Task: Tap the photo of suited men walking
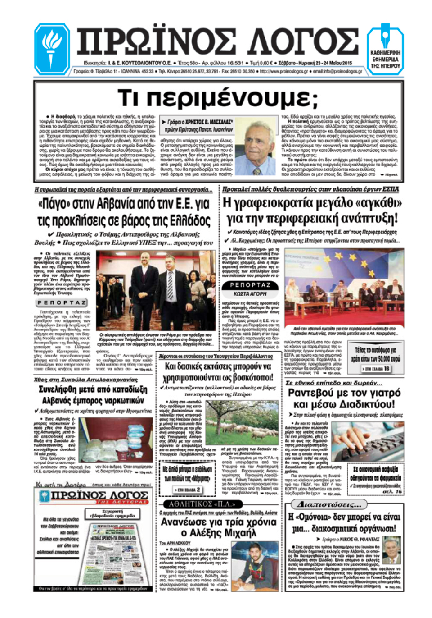click(x=156, y=291)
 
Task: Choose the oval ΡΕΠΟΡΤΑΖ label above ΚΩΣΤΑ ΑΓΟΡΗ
click(x=250, y=285)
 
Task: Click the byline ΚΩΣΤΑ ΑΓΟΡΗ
click(x=250, y=294)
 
